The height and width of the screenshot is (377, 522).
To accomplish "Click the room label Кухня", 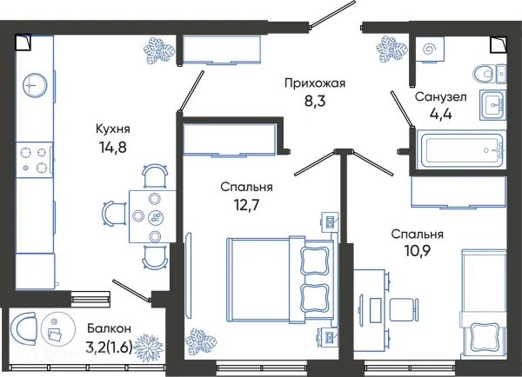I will (115, 129).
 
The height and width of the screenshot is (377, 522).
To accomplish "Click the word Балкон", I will (110, 328).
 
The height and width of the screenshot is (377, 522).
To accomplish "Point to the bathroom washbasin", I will (492, 103).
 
